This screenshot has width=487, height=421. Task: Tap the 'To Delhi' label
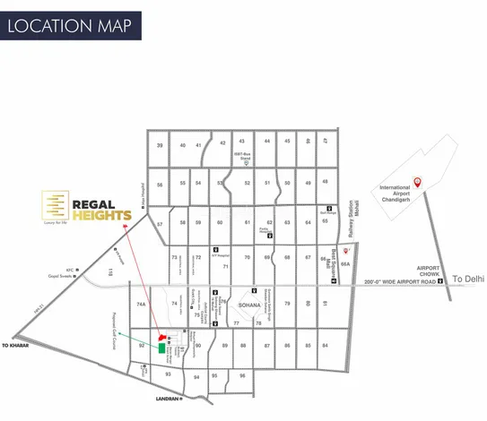[x=467, y=279]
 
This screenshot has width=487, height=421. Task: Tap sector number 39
[x=160, y=145]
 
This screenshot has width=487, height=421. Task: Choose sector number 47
[x=326, y=142]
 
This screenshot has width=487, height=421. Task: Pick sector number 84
[x=325, y=345]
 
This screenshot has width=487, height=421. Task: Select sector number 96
[x=242, y=376]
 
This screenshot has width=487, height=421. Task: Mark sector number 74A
[x=141, y=305]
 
